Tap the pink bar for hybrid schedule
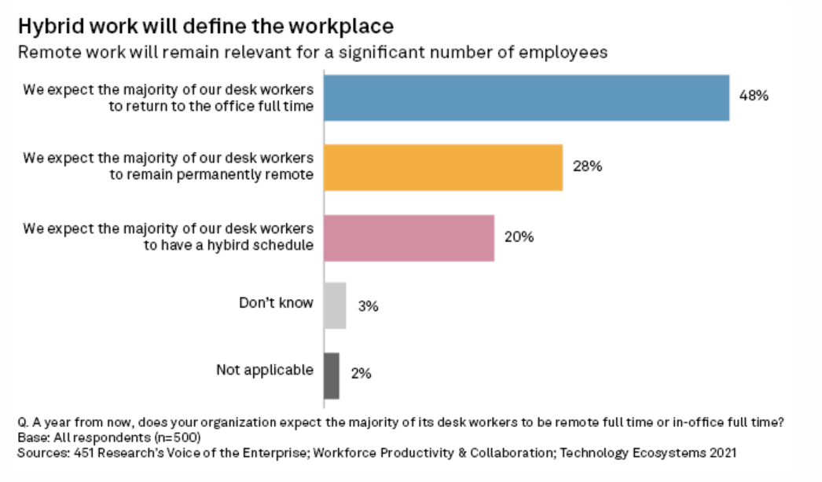pyautogui.click(x=409, y=237)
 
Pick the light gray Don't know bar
pyautogui.click(x=335, y=305)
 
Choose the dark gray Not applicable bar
pyautogui.click(x=332, y=375)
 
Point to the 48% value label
pyautogui.click(x=753, y=97)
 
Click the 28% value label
pyautogui.click(x=586, y=166)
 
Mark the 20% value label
pyautogui.click(x=519, y=236)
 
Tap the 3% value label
pyautogui.click(x=368, y=306)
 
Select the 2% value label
pyautogui.click(x=361, y=374)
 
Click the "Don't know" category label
pyautogui.click(x=276, y=302)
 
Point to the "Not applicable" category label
pyautogui.click(x=265, y=370)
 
